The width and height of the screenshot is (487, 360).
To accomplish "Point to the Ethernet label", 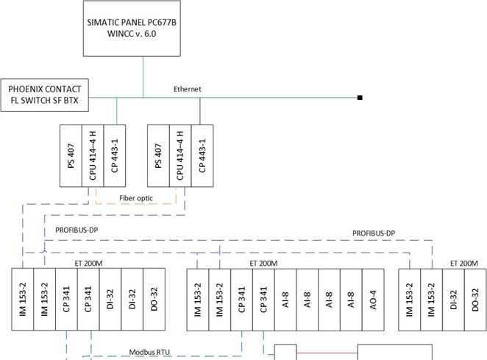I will (187, 89).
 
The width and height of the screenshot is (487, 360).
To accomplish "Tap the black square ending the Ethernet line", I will (360, 97).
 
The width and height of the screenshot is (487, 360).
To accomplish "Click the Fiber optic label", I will (135, 199).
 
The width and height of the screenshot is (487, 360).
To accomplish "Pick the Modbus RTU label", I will (148, 352).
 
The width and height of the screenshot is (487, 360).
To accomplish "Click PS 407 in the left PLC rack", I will (71, 159).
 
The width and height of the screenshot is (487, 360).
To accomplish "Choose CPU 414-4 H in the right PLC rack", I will (180, 159).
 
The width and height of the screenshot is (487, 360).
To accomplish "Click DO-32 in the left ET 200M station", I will (153, 301).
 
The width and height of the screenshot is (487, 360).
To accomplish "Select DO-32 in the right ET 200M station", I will (474, 301).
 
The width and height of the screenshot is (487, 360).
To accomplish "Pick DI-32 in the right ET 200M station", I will (453, 301).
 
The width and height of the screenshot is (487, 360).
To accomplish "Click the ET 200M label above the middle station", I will (263, 263).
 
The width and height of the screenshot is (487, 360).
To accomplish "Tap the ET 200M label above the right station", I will (463, 263).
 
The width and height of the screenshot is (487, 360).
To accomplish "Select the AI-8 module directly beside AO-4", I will (351, 301).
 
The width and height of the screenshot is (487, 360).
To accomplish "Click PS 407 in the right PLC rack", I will (158, 159).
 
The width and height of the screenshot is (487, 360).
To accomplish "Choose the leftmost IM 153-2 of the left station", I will (24, 301).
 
